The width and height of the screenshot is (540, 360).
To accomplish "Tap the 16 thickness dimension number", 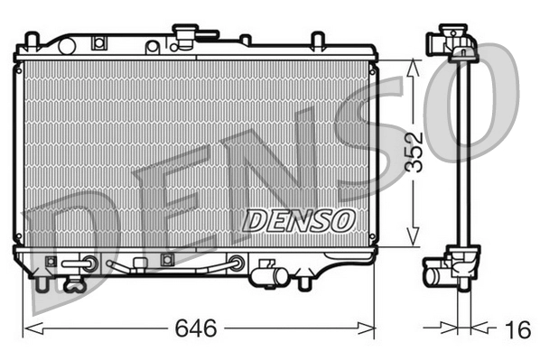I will click(x=516, y=330).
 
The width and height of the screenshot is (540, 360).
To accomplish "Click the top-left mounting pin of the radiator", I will click(x=32, y=40).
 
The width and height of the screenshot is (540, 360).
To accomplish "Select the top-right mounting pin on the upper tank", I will click(x=317, y=40).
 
